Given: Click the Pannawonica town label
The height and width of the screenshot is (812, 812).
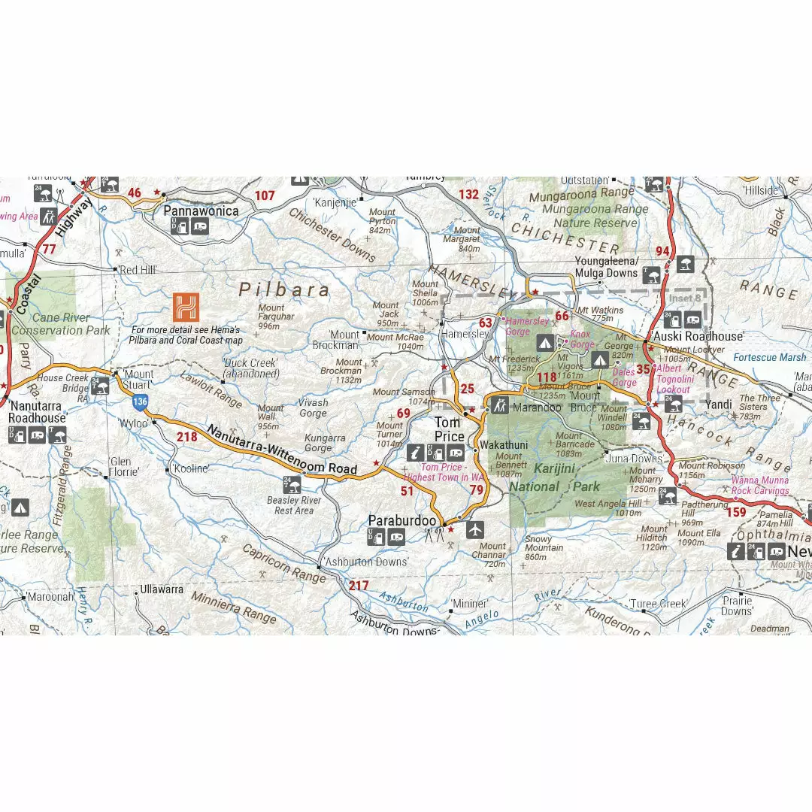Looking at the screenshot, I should coord(201,211).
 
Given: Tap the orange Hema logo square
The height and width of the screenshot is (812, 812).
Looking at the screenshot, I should coord(186,308).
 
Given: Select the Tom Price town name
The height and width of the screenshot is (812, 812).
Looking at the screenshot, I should coord(449,429).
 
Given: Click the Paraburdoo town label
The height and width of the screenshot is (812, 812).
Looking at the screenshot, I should coord(402,520).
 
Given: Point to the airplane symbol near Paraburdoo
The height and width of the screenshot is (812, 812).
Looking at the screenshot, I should coord(474,530).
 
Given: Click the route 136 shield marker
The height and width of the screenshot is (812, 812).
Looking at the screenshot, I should coord(140,402).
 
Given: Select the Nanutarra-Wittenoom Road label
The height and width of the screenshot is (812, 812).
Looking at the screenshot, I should coord(281,450).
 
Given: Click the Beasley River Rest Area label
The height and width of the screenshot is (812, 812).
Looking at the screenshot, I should coord(293,505).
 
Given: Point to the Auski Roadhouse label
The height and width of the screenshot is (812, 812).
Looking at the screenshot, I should coord(697,336).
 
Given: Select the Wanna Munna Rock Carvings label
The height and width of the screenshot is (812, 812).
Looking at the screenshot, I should coord(759,485).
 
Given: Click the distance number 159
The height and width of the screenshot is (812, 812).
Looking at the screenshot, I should coord(737,513).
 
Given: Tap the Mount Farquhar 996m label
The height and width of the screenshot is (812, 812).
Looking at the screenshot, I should coord(271,317).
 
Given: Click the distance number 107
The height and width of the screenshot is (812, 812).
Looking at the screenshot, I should coord(265,195).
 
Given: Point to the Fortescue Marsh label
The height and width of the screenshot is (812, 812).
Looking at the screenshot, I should coord(769,357).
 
